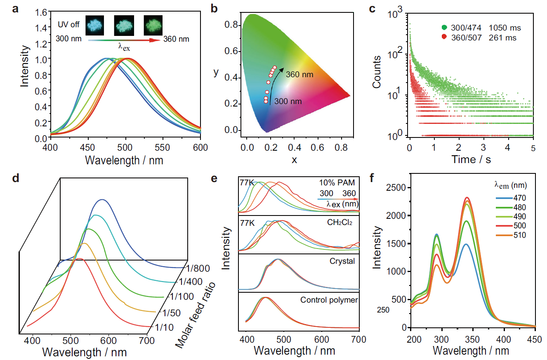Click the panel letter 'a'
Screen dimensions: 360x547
coord(15,9)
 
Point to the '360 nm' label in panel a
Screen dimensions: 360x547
coord(177,40)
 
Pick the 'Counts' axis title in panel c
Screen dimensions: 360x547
coord(376,72)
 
